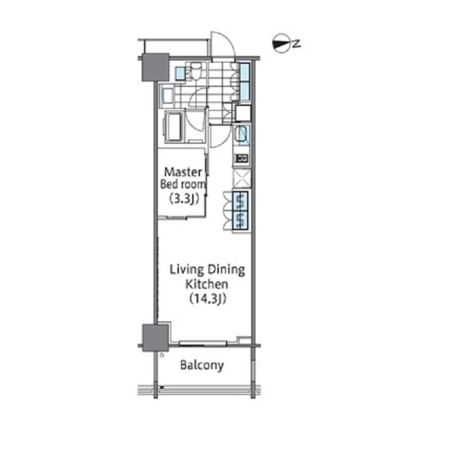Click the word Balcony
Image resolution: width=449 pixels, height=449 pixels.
(x=202, y=366)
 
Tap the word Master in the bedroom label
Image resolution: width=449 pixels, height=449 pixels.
(x=182, y=172)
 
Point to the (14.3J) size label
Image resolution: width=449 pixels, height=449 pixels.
(x=208, y=298)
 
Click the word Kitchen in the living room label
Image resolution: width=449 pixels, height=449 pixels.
(x=207, y=284)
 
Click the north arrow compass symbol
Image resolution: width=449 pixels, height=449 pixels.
(x=281, y=43)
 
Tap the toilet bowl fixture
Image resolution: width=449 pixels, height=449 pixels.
(x=196, y=71)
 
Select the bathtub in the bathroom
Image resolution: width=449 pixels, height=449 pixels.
(x=173, y=126)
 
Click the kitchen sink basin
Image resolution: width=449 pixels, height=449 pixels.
(x=241, y=134)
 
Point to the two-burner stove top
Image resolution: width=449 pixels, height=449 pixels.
(x=241, y=158)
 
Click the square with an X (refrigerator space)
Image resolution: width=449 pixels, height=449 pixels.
(x=242, y=179)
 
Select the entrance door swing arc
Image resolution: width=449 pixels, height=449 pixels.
(x=223, y=44)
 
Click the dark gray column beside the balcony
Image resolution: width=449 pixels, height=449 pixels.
(x=156, y=337)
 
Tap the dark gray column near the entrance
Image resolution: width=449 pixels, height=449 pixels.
(x=156, y=67)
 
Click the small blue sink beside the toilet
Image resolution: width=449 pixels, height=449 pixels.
(x=180, y=73)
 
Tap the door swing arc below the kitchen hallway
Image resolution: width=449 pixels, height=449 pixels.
(x=220, y=136)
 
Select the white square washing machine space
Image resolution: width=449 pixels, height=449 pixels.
(x=243, y=113)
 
